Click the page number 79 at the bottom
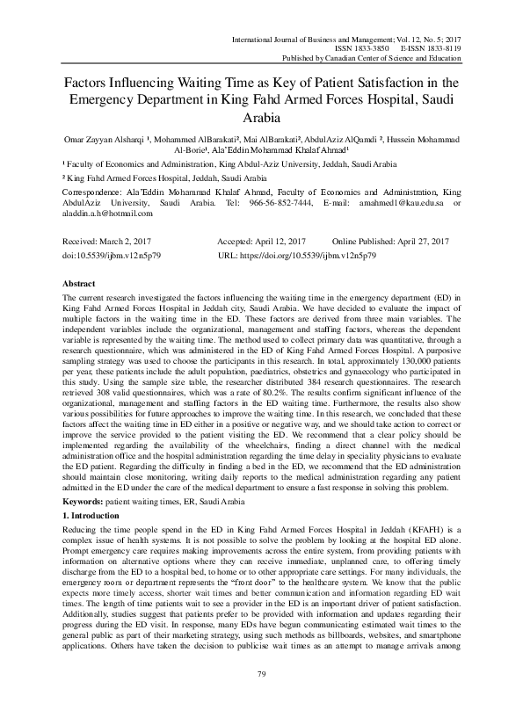(x=261, y=698)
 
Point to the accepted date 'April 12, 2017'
(x=278, y=241)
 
